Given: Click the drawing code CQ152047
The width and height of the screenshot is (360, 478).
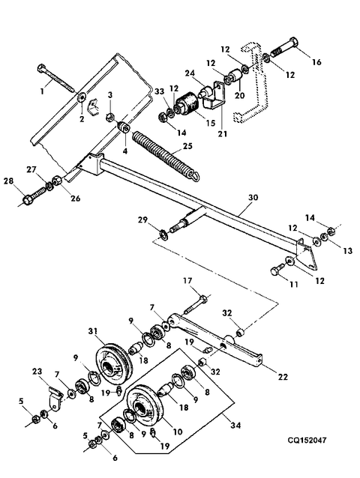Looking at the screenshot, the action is [307, 441].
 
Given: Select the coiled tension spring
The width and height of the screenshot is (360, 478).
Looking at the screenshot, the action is [166, 156].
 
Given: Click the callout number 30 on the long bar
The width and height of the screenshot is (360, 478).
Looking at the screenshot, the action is [253, 198].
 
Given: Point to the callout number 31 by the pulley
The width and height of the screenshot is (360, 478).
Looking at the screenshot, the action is [94, 330].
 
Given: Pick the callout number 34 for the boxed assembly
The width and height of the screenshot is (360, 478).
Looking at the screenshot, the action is [235, 425].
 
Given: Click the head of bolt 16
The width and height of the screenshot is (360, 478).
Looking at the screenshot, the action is [293, 42].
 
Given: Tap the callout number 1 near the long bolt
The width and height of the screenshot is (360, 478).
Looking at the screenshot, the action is [43, 91].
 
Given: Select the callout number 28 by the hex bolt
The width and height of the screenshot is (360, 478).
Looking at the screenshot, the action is [8, 181].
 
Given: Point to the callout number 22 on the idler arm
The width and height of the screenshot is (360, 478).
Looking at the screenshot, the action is [283, 377].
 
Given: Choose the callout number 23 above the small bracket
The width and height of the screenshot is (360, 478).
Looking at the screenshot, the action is [37, 372].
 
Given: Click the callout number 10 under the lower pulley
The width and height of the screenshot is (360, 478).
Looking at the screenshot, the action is [177, 432].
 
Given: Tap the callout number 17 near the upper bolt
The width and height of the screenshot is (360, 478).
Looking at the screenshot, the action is [187, 280].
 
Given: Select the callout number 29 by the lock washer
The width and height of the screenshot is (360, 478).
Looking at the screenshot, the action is [142, 220].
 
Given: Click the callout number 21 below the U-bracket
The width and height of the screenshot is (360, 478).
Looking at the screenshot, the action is [223, 133].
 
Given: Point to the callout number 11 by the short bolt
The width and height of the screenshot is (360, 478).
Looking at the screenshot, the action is [293, 285].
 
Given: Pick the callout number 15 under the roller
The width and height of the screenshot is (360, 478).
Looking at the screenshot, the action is [211, 123].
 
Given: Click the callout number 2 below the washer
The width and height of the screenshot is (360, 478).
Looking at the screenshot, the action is [82, 119].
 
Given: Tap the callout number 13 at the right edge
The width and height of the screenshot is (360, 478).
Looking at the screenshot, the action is [347, 251].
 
